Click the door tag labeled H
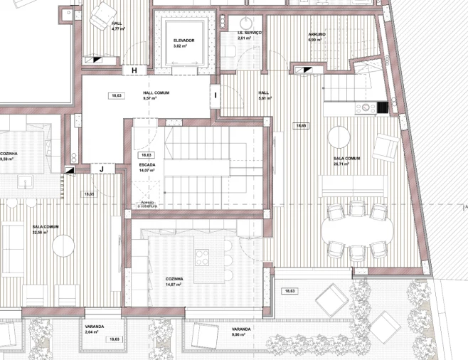tap(133, 70)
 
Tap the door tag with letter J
tap(101, 169)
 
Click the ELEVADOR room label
tap(184, 41)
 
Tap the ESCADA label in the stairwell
tap(147, 165)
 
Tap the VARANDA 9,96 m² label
tap(240, 332)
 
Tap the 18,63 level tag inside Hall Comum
tap(115, 95)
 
